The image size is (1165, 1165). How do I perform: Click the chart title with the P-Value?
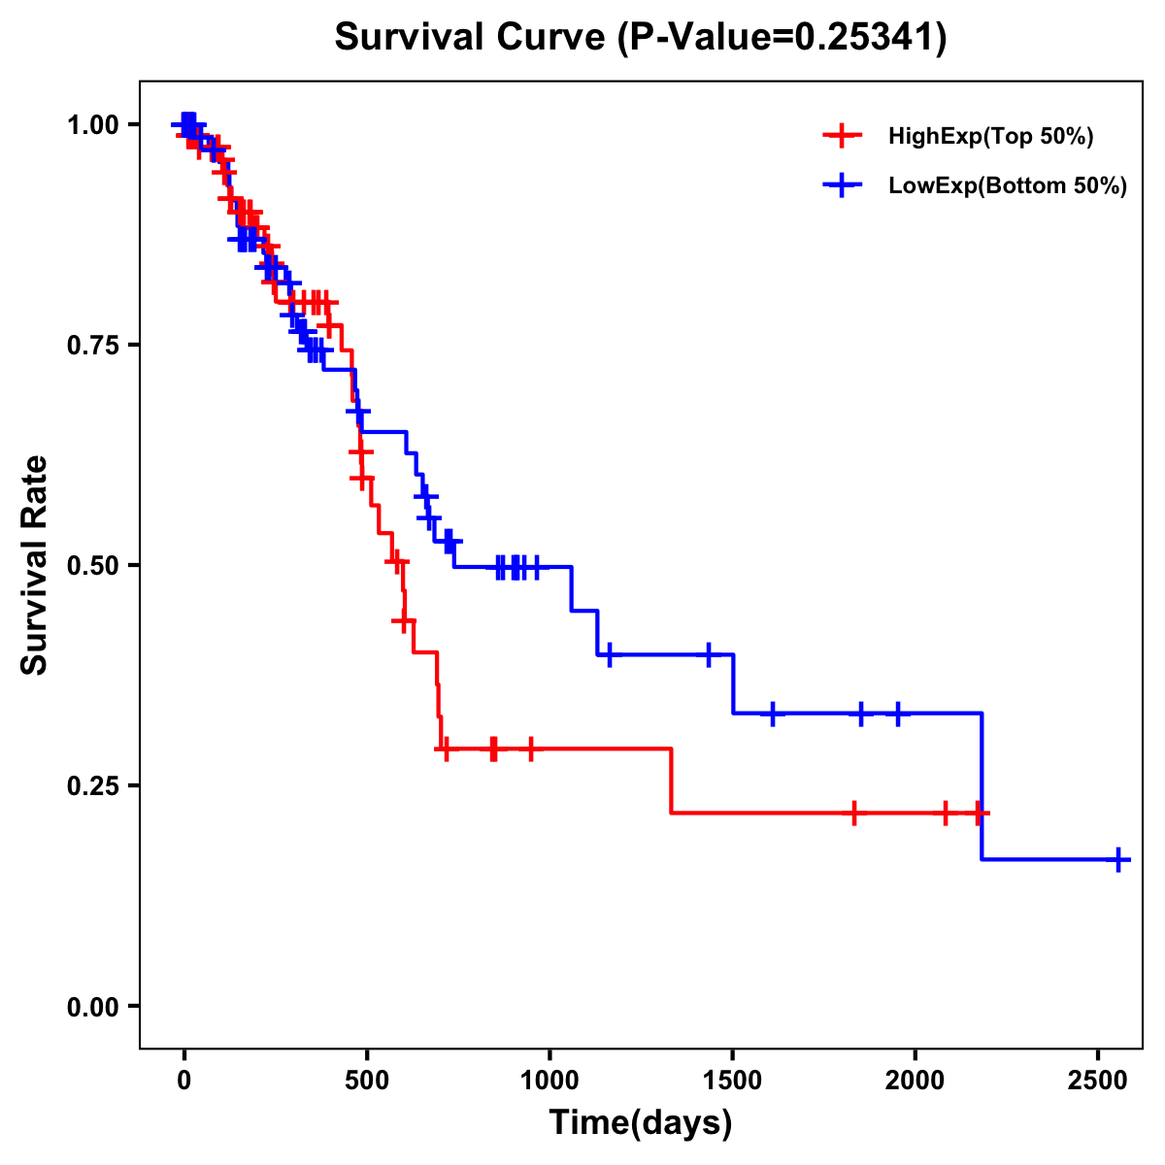(641, 38)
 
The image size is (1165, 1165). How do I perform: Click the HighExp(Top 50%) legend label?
(990, 137)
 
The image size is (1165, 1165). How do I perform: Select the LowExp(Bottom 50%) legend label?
(1008, 186)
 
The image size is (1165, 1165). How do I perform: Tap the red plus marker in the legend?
(842, 137)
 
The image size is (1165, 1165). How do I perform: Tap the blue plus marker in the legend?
(842, 186)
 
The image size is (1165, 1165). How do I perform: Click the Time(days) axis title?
(641, 1123)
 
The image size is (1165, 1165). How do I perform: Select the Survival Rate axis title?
(36, 565)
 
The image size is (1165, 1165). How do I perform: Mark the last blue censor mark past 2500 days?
(1118, 860)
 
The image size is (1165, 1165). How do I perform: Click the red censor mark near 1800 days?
(854, 813)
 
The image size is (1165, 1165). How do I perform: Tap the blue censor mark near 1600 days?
(772, 714)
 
